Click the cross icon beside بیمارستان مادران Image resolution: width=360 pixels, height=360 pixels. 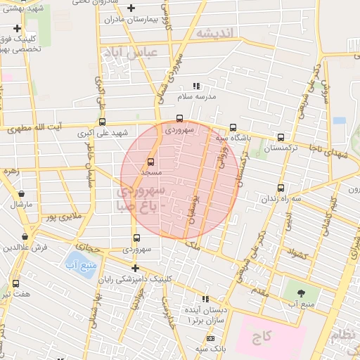pos(131,8)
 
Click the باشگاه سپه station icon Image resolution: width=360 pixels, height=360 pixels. pos(233,127)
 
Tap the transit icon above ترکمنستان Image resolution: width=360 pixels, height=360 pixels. pos(281,138)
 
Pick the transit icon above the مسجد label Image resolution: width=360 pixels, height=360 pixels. pos(150,162)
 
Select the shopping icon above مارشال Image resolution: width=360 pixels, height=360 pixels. pos(21,193)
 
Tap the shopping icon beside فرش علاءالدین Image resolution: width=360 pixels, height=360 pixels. pos(25,237)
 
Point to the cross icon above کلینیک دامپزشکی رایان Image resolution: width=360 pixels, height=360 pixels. pos(135,268)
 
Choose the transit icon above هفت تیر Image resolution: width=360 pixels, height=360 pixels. pos(15,283)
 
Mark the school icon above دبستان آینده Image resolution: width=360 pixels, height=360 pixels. pos(205,299)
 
